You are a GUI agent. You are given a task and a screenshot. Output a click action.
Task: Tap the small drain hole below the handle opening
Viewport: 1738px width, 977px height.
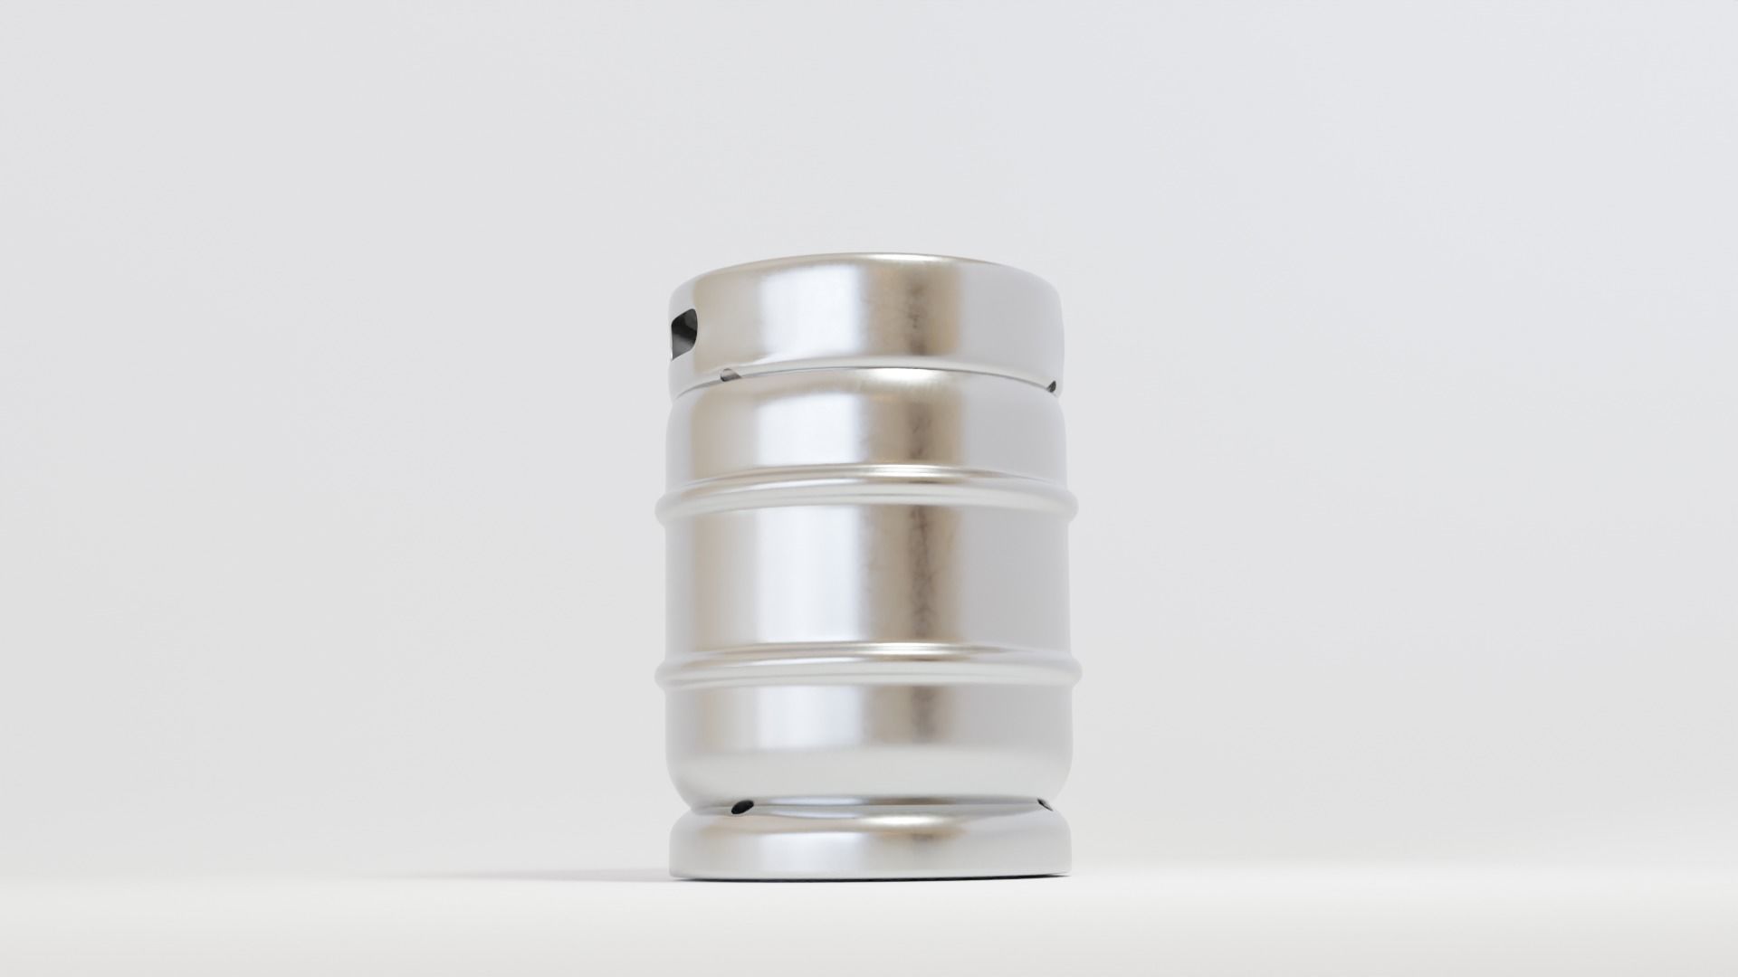tap(726, 373)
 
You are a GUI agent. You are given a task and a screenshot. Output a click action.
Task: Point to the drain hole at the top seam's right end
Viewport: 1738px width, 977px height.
tap(1052, 386)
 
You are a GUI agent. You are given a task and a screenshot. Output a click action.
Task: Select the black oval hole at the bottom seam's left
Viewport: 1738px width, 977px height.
tap(742, 804)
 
